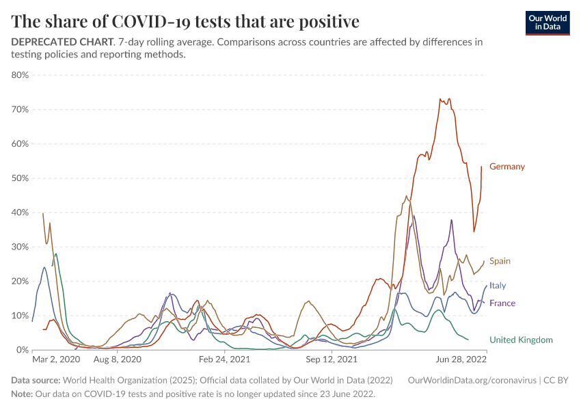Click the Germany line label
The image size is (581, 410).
(506, 167)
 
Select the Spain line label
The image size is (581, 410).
(500, 261)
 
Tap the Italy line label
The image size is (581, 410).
(498, 286)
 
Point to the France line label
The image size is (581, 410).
(502, 303)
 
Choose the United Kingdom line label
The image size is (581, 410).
(521, 340)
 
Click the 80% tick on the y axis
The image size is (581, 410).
(19, 75)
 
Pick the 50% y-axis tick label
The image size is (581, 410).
(19, 178)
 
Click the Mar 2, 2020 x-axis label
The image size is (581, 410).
(57, 358)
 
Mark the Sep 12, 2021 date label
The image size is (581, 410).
(332, 358)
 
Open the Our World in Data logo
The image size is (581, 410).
(547, 23)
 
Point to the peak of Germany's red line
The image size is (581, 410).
(441, 98)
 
